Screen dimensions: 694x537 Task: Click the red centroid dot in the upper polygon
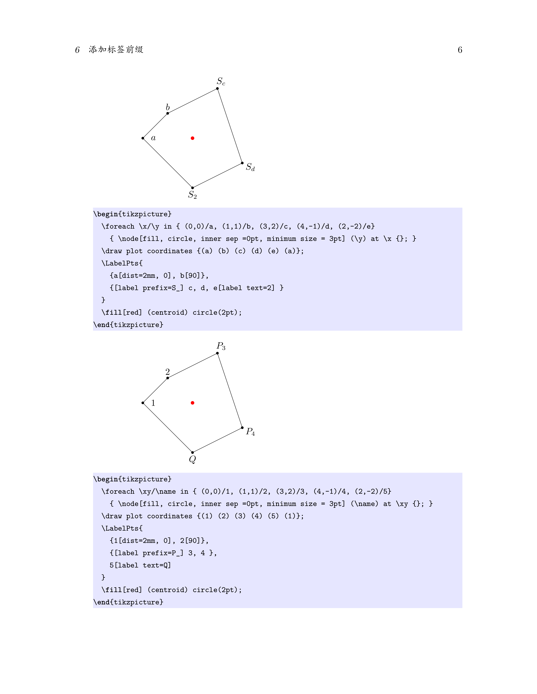192,138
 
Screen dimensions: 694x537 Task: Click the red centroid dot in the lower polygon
192,403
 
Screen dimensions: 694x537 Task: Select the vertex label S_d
250,167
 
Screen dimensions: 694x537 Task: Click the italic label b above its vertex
168,107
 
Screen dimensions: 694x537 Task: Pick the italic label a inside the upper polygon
153,138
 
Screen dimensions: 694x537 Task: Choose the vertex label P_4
250,432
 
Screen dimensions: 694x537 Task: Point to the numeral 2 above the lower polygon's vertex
168,372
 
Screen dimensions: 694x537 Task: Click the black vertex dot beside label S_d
242,163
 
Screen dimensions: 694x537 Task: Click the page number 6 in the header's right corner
460,50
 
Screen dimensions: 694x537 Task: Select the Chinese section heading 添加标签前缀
116,50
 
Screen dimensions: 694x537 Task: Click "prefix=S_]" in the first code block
163,288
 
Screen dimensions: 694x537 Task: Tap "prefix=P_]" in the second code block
163,553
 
